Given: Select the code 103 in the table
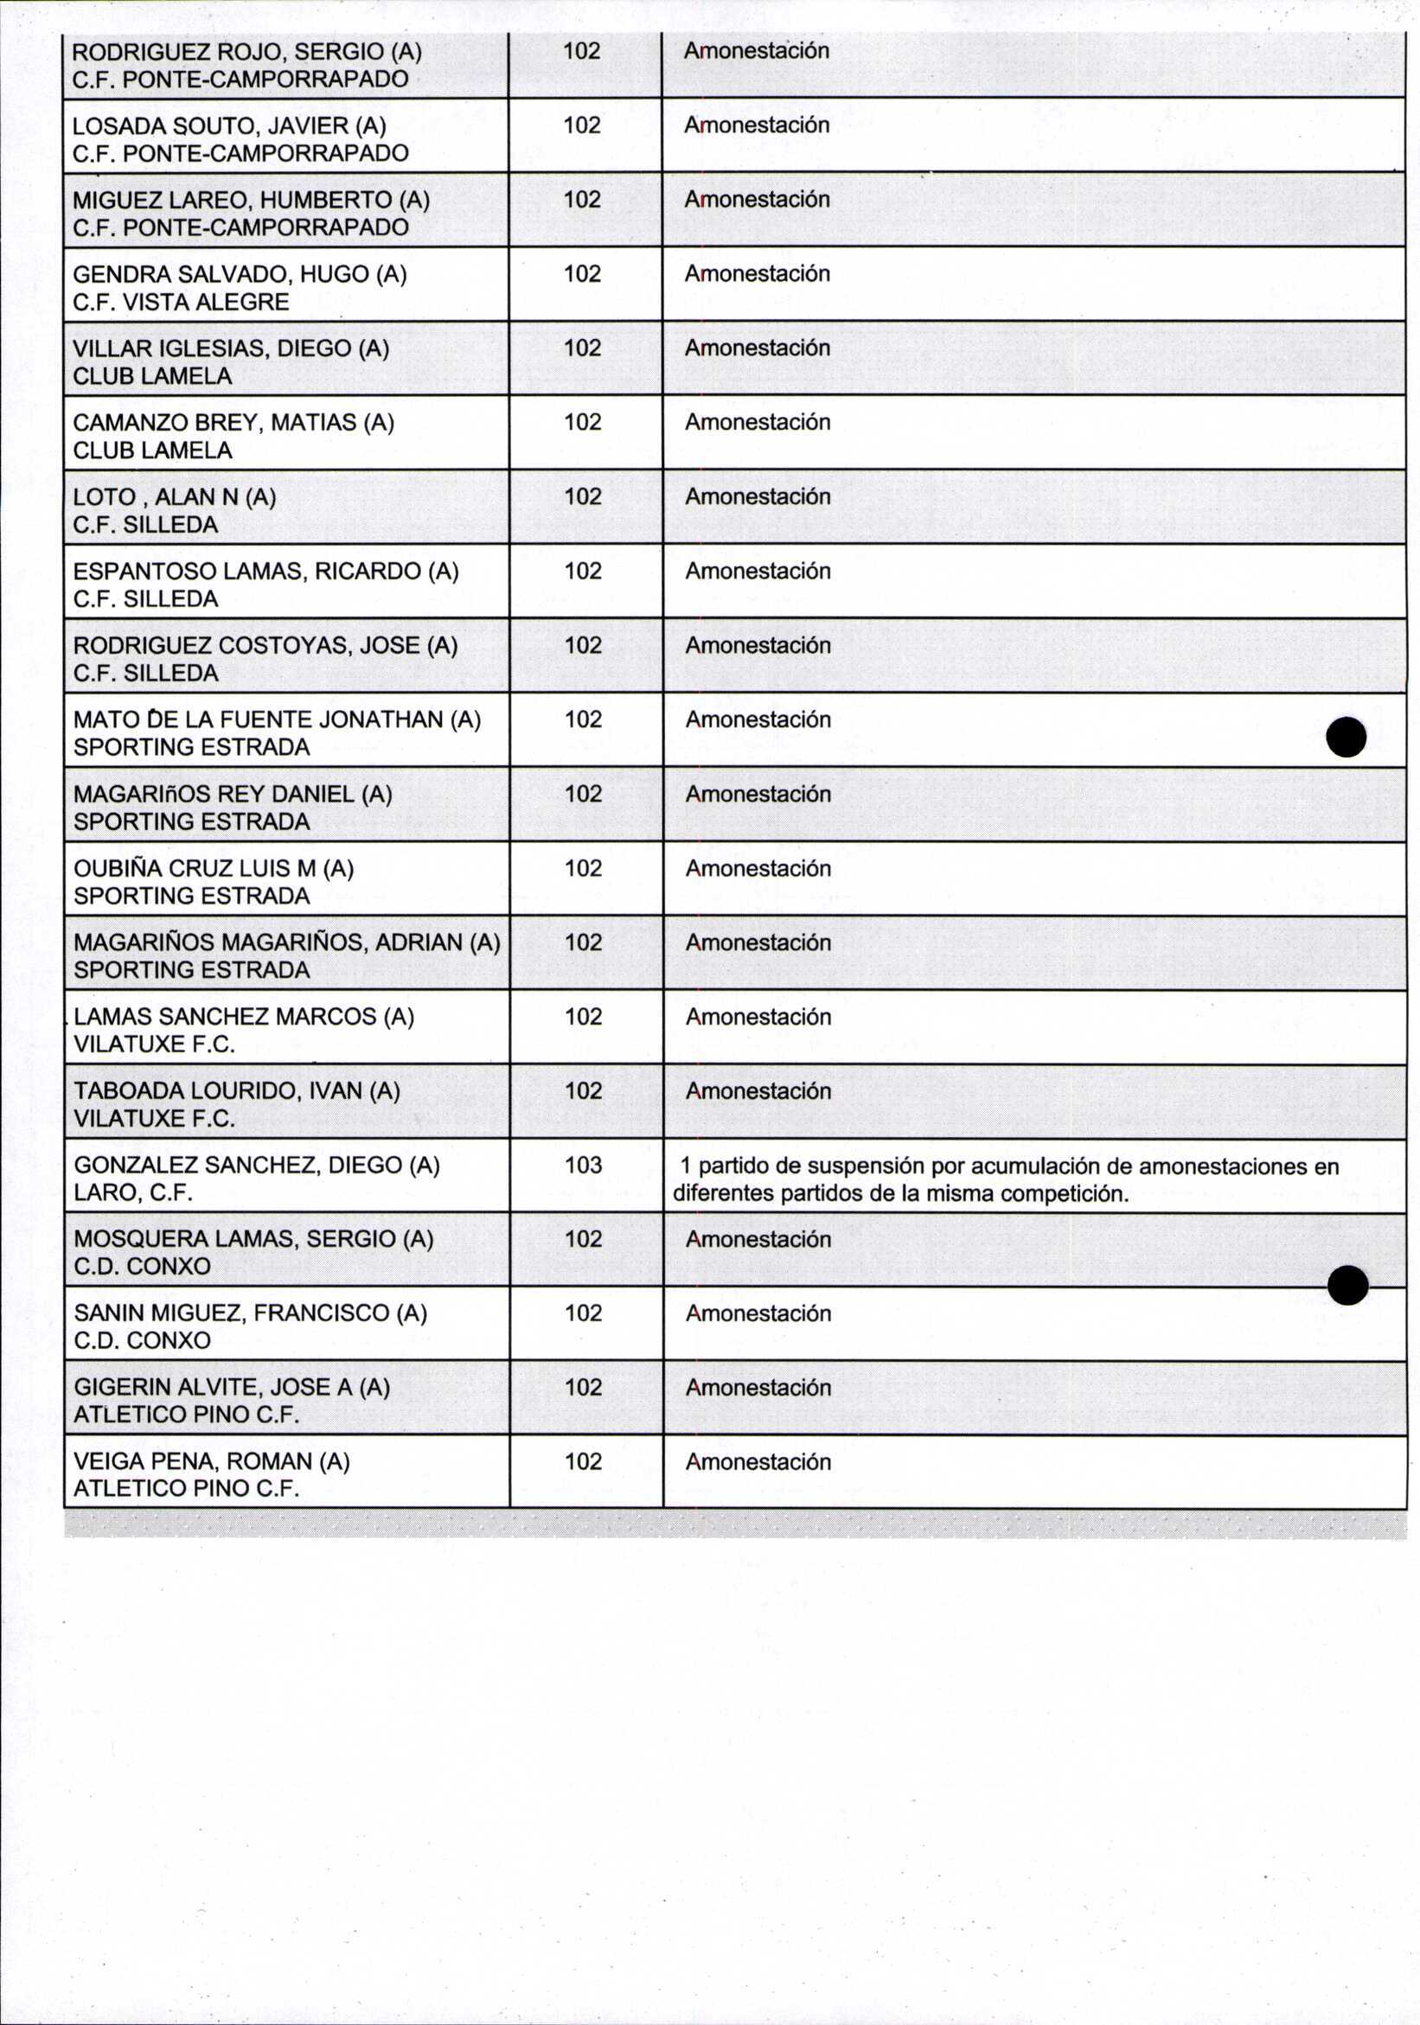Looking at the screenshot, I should (583, 1164).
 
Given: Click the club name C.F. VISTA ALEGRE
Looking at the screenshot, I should (181, 302).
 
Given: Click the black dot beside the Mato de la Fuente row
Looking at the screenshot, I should (1346, 738).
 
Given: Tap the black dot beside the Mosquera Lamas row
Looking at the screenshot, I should (1346, 1285).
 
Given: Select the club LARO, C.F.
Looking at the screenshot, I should (133, 1192).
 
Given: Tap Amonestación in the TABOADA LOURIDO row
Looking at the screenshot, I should (758, 1091).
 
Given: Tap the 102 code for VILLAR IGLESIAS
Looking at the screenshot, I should (583, 348).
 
